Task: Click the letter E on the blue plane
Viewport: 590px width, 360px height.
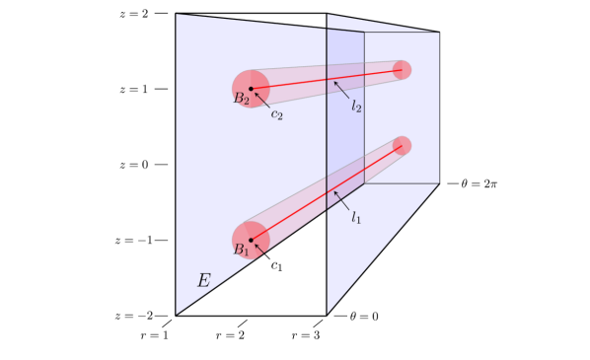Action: [x=203, y=280]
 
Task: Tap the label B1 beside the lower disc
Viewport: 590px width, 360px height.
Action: [x=241, y=251]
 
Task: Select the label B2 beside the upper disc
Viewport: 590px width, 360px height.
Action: [x=241, y=99]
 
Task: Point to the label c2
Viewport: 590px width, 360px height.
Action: [x=277, y=115]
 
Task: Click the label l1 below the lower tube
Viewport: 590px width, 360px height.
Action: [x=356, y=217]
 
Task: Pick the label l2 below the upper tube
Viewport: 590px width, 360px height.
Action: [x=356, y=106]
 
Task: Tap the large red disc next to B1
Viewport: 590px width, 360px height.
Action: [x=245, y=232]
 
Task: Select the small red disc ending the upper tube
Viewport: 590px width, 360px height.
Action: [x=402, y=70]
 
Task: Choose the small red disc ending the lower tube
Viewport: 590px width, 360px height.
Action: [x=402, y=146]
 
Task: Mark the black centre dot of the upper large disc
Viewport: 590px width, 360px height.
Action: [x=251, y=89]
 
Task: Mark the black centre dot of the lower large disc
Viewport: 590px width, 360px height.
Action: [x=251, y=240]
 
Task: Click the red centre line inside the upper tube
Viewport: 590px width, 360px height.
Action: [x=326, y=79]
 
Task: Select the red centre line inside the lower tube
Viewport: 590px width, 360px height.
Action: [x=326, y=193]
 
